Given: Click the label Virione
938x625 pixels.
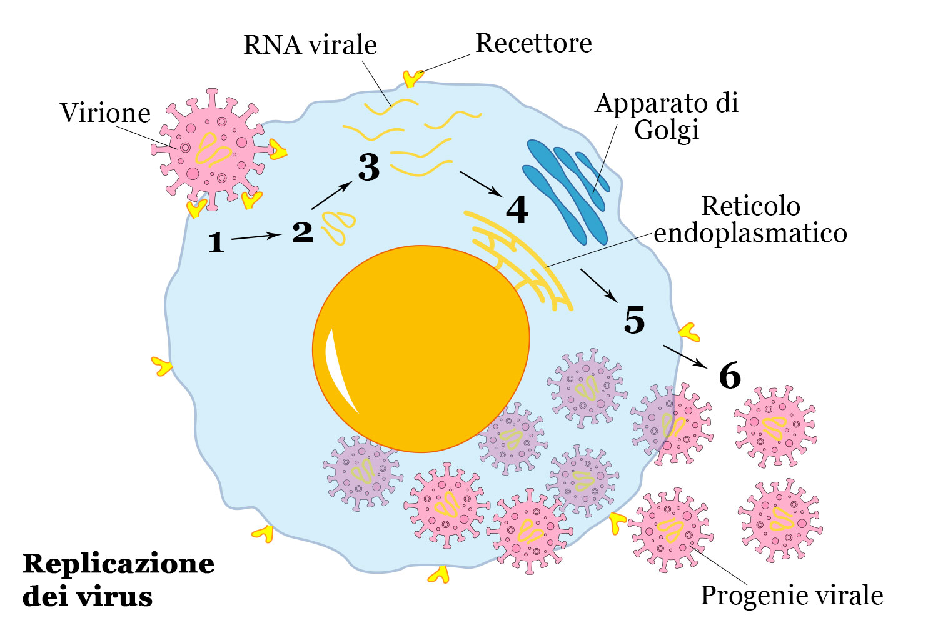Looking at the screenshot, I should (x=105, y=113).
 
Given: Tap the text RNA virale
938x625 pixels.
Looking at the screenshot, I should (x=310, y=45).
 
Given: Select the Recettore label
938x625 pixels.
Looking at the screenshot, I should (x=533, y=43).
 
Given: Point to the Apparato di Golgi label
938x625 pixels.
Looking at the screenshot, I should (x=667, y=116).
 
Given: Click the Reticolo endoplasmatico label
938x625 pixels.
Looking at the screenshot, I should (x=750, y=219).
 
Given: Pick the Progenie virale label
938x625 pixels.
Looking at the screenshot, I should (x=792, y=595).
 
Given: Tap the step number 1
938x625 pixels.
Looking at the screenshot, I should (x=216, y=242).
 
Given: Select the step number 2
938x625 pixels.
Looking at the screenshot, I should (x=303, y=232).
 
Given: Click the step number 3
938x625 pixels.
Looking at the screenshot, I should (x=369, y=167).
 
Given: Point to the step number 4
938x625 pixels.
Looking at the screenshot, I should (x=517, y=210).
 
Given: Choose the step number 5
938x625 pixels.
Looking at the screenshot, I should (x=634, y=320).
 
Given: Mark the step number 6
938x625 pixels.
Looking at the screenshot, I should (x=730, y=376).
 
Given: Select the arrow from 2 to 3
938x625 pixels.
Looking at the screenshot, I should (x=332, y=195).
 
